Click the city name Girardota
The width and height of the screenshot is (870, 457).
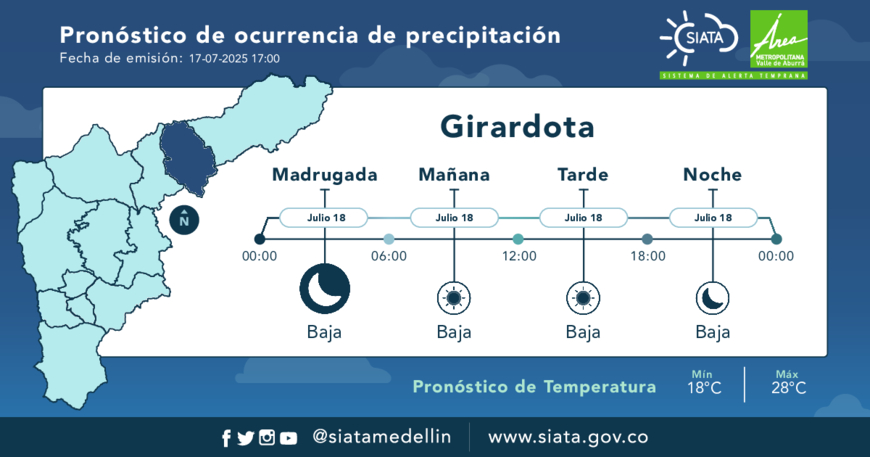[x=517, y=127]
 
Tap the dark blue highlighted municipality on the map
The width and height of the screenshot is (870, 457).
[x=187, y=158]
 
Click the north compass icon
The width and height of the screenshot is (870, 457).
[x=184, y=220]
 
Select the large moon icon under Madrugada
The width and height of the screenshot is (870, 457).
[x=325, y=289]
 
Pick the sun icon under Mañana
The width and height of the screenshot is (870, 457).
[x=454, y=298]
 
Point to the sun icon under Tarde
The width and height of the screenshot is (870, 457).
[x=583, y=298]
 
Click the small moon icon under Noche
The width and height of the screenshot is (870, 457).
[x=712, y=298]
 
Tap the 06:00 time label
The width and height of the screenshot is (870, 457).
[x=389, y=256]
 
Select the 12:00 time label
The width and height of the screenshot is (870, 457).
[x=519, y=256]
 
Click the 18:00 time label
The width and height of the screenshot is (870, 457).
[x=648, y=256]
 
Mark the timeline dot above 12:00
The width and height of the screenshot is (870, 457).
[x=518, y=239]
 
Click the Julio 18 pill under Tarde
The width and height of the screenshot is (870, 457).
[x=583, y=218]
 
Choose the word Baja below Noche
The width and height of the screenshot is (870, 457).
[x=712, y=332]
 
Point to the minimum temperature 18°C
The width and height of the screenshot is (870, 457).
[x=704, y=388]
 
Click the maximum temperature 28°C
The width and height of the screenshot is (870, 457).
[x=788, y=388]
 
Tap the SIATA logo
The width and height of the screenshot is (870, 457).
[x=699, y=38]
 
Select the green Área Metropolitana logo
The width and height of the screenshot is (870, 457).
[x=778, y=39]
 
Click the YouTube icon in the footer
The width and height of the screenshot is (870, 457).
[x=288, y=438]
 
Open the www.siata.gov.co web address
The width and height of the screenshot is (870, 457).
[x=568, y=437]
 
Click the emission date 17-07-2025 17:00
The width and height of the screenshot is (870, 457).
[x=234, y=59]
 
